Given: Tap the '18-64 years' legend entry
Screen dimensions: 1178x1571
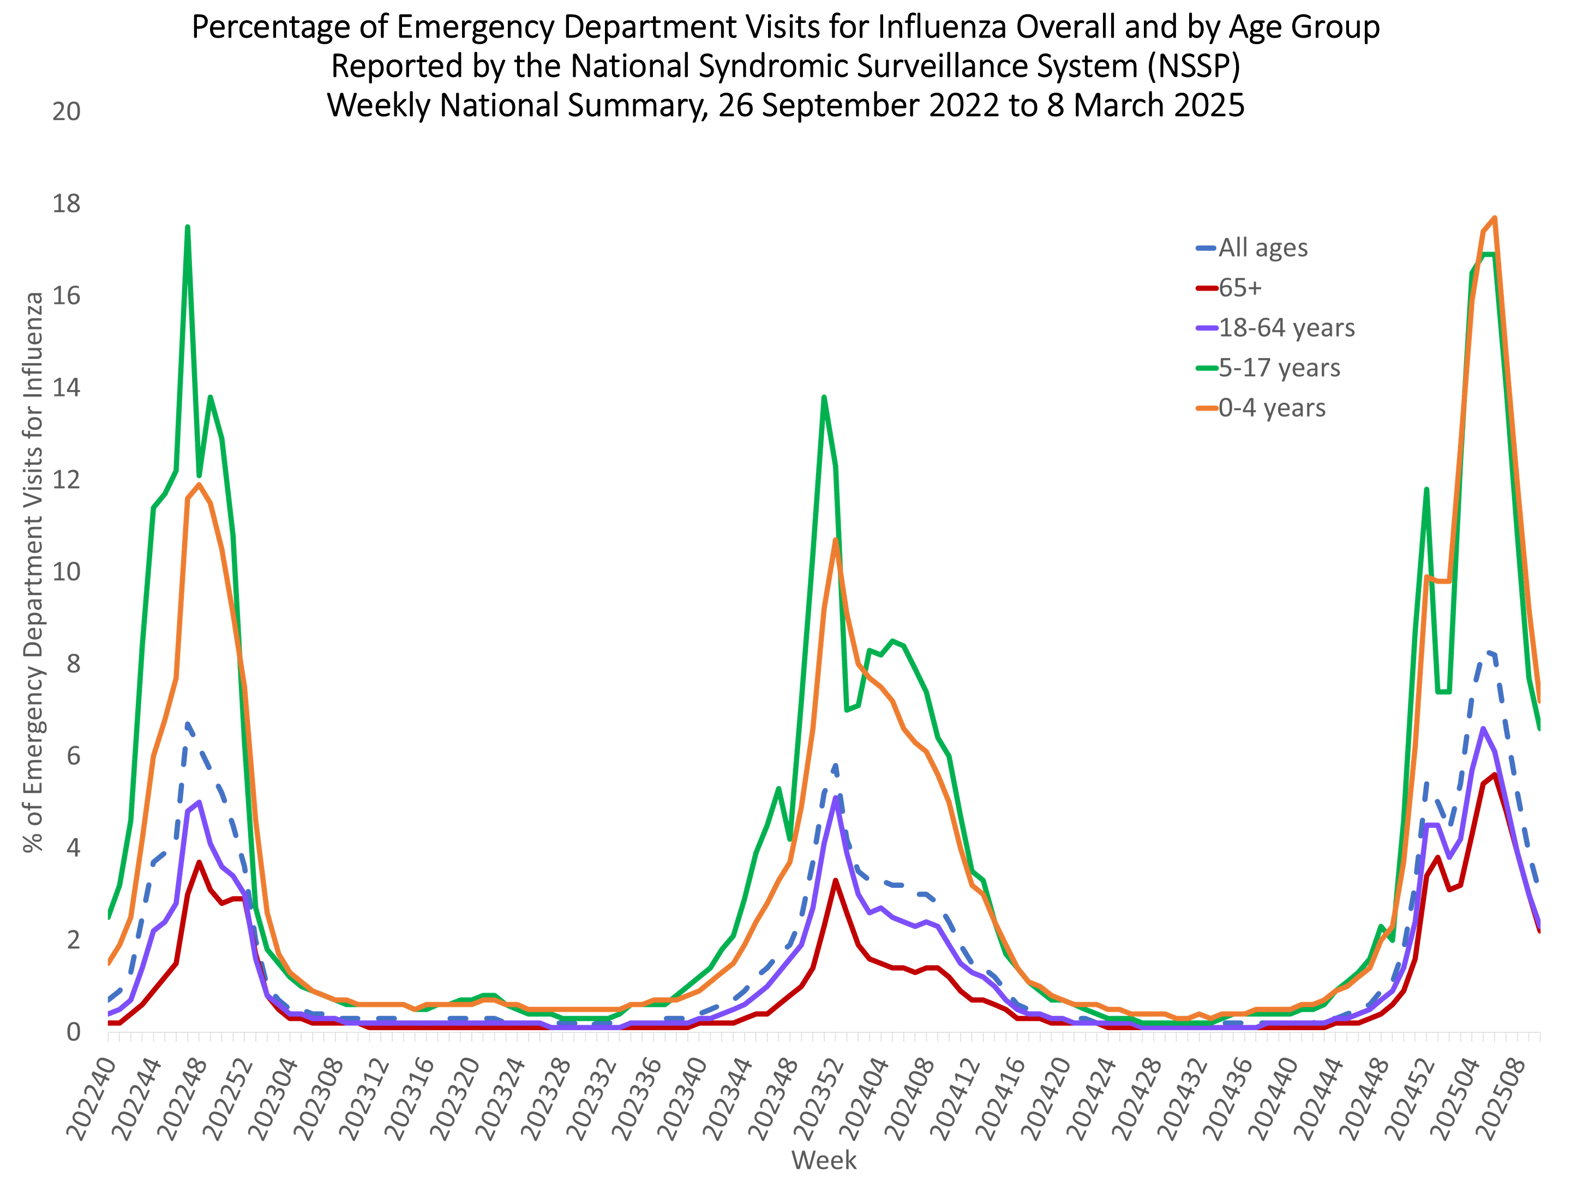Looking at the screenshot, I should [x=1286, y=328].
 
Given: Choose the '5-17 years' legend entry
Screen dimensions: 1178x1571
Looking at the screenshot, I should [x=1279, y=368].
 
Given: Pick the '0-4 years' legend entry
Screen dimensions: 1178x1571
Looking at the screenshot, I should [x=1272, y=408].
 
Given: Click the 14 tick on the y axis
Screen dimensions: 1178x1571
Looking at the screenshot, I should [x=66, y=388].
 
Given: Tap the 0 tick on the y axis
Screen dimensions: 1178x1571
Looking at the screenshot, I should [x=73, y=1032].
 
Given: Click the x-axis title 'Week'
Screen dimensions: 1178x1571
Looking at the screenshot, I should [x=824, y=1160].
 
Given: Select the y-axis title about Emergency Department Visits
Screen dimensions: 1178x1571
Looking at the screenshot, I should [x=33, y=572].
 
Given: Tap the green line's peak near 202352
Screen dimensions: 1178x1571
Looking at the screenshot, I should [x=824, y=397].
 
